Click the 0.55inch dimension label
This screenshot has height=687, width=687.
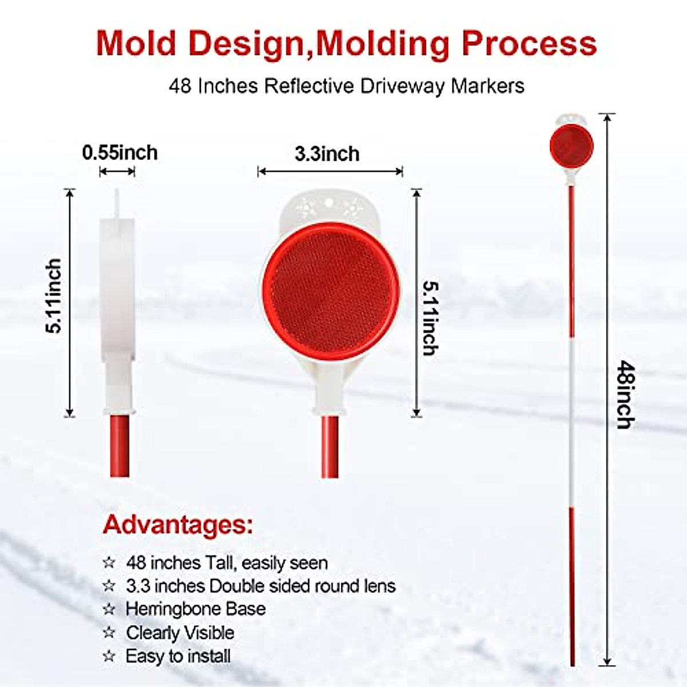point(120,153)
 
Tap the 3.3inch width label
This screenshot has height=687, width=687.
point(327,154)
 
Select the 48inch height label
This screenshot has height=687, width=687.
point(626,394)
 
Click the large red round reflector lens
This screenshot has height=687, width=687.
point(330,291)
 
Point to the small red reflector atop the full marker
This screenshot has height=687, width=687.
point(571,146)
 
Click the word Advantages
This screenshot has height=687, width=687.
point(177,524)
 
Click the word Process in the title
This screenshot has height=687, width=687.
point(529,43)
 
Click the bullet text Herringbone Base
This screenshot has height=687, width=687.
point(195,609)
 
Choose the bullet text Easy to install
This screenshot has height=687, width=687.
point(178,656)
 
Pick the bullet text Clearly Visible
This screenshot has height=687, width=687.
point(180,633)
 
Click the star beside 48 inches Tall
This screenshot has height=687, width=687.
point(109,563)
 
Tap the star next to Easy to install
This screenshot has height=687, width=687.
point(109,656)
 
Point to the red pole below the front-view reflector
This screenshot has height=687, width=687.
point(330,447)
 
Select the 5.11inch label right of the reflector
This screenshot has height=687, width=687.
point(430,318)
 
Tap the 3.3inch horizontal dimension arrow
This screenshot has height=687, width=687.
point(330,171)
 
